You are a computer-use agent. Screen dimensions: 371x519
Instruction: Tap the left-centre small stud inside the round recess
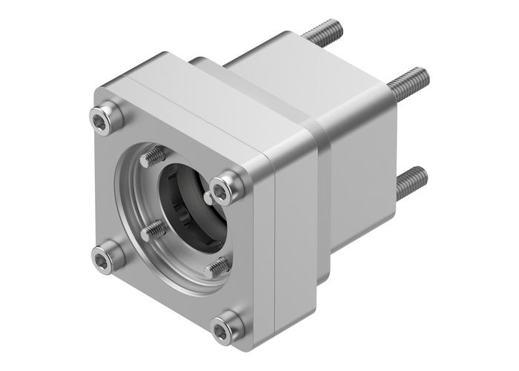click(154, 231)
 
